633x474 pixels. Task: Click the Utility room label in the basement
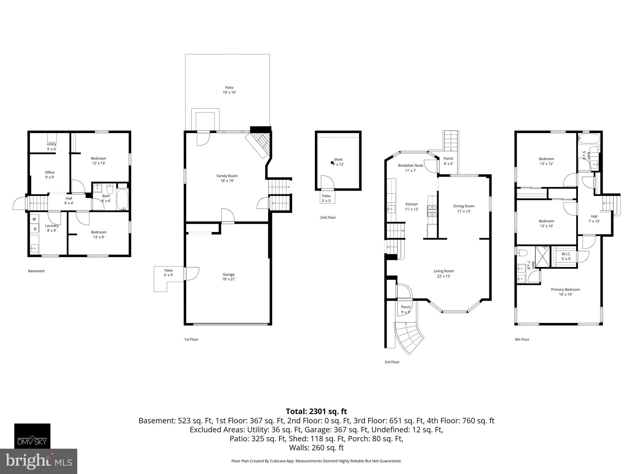coord(52,146)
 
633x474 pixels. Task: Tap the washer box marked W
coord(34,219)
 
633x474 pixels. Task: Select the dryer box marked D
coord(35,229)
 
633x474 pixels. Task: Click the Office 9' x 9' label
coord(49,175)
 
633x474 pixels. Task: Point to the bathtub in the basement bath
coord(123,199)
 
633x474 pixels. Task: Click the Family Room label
coord(227,178)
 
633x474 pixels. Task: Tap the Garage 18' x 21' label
coord(229,276)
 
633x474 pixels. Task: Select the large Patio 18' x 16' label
coord(229,90)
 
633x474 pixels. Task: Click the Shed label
coord(338,161)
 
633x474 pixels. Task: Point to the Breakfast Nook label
coord(410,168)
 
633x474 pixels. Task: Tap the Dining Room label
coord(464,209)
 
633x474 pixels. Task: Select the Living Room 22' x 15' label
coord(444,273)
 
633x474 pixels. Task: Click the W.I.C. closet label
coord(566,256)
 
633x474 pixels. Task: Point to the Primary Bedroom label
coord(565,292)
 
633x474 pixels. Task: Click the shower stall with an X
coord(543,256)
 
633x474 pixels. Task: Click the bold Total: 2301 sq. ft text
coord(316,411)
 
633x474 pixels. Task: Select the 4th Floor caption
coord(522,339)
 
